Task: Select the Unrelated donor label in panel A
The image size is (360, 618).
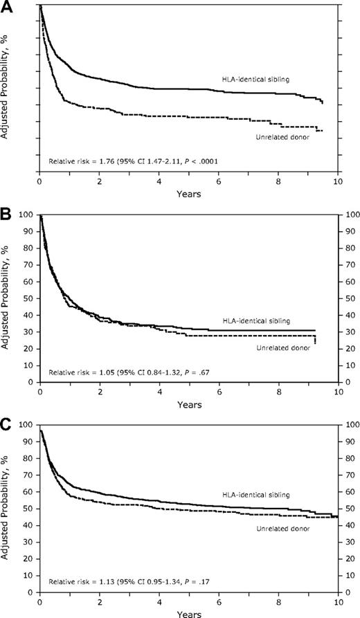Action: pyautogui.click(x=280, y=137)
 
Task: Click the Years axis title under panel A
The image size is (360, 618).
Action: pyautogui.click(x=188, y=194)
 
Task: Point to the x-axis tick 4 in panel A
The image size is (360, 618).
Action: pyautogui.click(x=159, y=182)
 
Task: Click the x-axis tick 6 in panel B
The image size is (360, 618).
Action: pyautogui.click(x=219, y=392)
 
